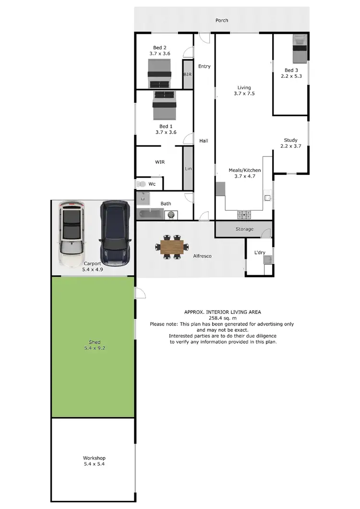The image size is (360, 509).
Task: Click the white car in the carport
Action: pos(72,233)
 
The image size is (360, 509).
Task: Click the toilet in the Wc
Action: pos(141,184)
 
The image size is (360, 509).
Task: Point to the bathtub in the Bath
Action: pos(151,215)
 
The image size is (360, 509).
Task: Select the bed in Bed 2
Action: pos(159,76)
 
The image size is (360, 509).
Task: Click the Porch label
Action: pos(222,21)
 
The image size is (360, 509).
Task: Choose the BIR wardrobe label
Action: pos(188,75)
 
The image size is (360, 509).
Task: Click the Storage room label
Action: pos(244,229)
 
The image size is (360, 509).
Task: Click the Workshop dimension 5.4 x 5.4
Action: pos(94,464)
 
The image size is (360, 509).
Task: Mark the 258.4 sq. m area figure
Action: pos(222,318)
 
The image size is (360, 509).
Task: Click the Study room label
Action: pos(290,140)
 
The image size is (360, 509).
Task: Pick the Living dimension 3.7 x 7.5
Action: pos(244,94)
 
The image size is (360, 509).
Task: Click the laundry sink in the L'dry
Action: pos(267,260)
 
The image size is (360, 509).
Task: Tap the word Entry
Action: pos(204,66)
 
